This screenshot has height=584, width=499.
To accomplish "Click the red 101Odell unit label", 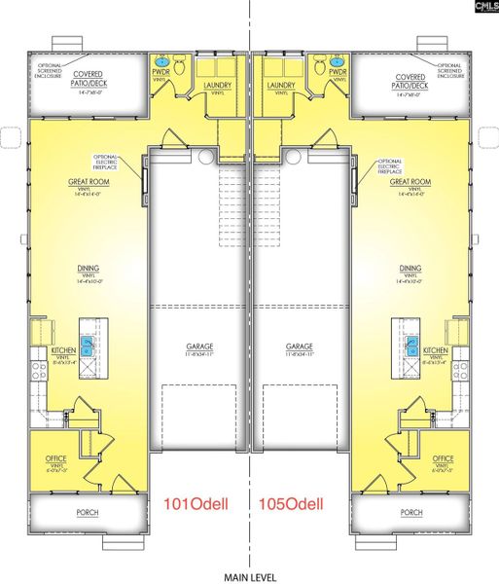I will pyautogui.click(x=197, y=503).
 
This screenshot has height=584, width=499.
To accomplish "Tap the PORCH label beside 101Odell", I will pyautogui.click(x=88, y=511).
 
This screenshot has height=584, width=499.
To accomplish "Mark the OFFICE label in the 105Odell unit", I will pyautogui.click(x=443, y=458).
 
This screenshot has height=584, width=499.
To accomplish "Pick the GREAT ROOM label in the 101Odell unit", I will pyautogui.click(x=87, y=182).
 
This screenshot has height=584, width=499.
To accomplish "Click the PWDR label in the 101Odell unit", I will pyautogui.click(x=161, y=73).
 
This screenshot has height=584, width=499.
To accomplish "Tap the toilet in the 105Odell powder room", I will pyautogui.click(x=319, y=70).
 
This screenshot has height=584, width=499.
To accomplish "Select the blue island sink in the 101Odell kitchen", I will pyautogui.click(x=87, y=344).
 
